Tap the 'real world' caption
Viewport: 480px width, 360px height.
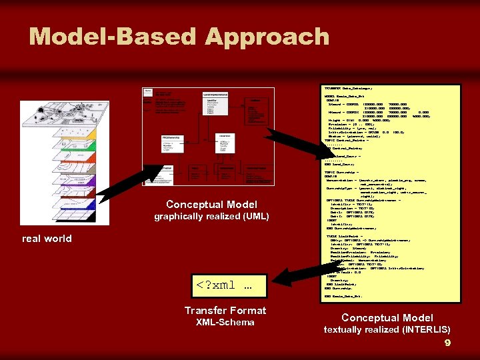(47, 239)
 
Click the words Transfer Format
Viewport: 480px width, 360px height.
(225, 310)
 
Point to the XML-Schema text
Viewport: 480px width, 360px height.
(225, 323)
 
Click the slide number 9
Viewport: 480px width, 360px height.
(447, 343)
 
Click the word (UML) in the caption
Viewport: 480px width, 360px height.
(257, 216)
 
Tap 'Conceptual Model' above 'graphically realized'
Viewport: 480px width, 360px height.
(212, 204)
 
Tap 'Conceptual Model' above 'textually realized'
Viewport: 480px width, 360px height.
(387, 318)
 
